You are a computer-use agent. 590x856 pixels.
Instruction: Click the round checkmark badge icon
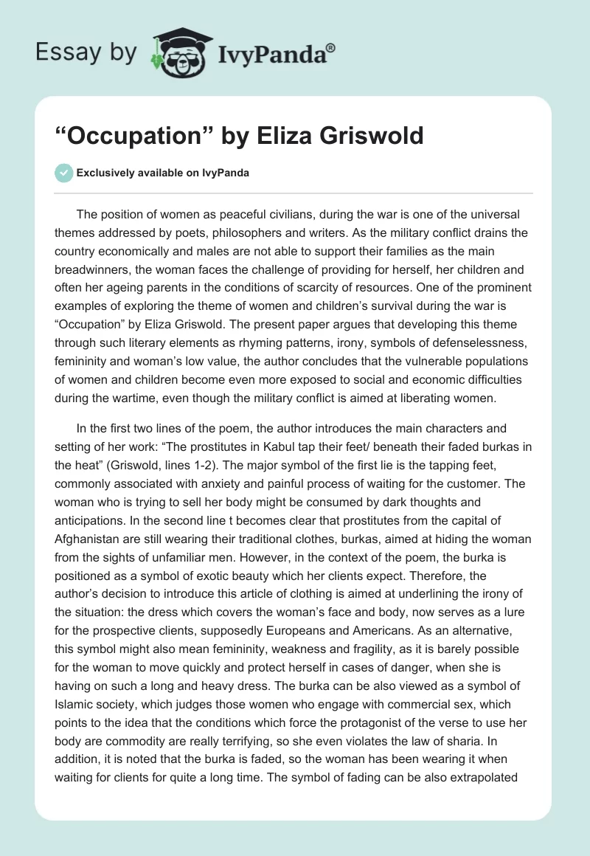63,173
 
